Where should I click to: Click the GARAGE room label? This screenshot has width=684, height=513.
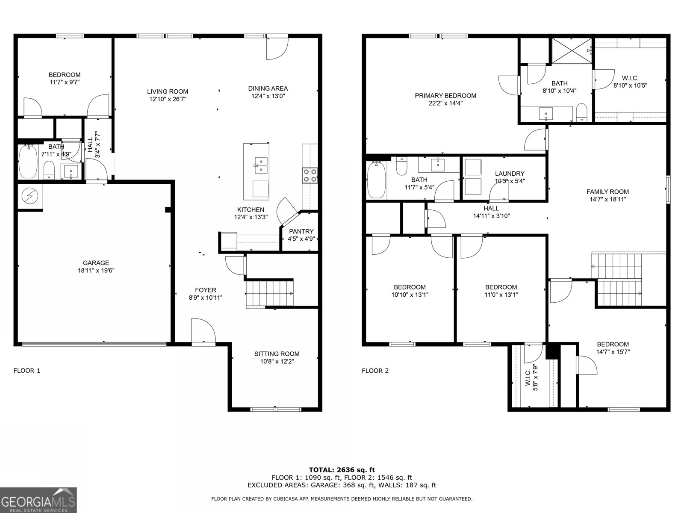[96, 263]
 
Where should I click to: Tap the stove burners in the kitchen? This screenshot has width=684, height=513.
[310, 175]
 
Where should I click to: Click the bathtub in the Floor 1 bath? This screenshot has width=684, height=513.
[27, 162]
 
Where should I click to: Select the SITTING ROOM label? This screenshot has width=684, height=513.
[277, 354]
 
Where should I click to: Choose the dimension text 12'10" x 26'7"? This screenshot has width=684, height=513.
[168, 99]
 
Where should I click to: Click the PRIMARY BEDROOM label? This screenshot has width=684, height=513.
[445, 95]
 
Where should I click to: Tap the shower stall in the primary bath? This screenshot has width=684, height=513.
[571, 50]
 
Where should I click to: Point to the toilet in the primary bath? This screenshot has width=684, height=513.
[581, 113]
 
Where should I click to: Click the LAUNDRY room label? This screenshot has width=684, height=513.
[510, 174]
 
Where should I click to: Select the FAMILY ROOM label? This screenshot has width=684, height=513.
[607, 192]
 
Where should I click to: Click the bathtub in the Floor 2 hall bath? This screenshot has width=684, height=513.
[376, 180]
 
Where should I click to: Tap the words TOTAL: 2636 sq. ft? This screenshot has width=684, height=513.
[342, 470]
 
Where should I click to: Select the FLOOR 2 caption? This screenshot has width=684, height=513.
[375, 371]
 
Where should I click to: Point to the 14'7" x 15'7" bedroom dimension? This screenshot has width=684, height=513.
[613, 352]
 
